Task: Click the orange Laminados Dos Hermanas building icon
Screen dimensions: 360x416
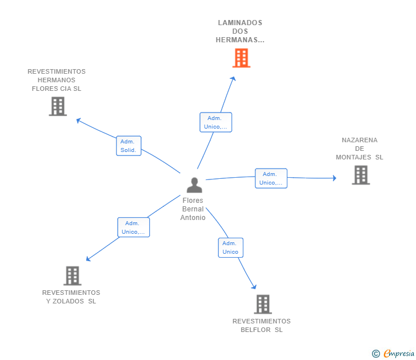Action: coord(241,58)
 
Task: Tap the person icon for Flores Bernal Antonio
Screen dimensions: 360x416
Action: coord(194,185)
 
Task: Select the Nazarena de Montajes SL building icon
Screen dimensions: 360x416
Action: coord(361,175)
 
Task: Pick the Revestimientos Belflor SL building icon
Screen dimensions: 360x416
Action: coord(262,304)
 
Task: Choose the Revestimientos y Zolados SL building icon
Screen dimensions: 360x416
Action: coord(72,275)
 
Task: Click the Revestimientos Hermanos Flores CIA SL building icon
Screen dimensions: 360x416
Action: coord(58,106)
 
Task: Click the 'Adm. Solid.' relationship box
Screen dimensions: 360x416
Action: coord(128,146)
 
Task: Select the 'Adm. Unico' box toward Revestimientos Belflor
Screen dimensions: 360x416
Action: coord(230,247)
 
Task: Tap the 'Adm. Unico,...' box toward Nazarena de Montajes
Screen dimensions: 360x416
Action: coord(271,178)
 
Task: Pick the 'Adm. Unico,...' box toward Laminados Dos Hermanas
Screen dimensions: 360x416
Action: coord(215,122)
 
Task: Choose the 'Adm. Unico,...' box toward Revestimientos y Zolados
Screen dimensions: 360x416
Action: coord(133,227)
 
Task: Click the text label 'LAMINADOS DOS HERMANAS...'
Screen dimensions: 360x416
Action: coord(240,31)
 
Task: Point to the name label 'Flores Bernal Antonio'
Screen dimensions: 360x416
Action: coord(193,209)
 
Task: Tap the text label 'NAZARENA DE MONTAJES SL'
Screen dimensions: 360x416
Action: coord(359,149)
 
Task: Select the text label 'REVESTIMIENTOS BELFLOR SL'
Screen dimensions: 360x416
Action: coord(262,325)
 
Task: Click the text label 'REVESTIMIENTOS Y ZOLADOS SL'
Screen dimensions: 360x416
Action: coord(71,297)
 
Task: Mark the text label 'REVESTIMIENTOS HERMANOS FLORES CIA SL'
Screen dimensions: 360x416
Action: coord(57,80)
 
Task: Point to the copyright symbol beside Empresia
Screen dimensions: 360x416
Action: coord(376,354)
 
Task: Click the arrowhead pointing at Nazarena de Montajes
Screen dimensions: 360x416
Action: coord(334,178)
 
